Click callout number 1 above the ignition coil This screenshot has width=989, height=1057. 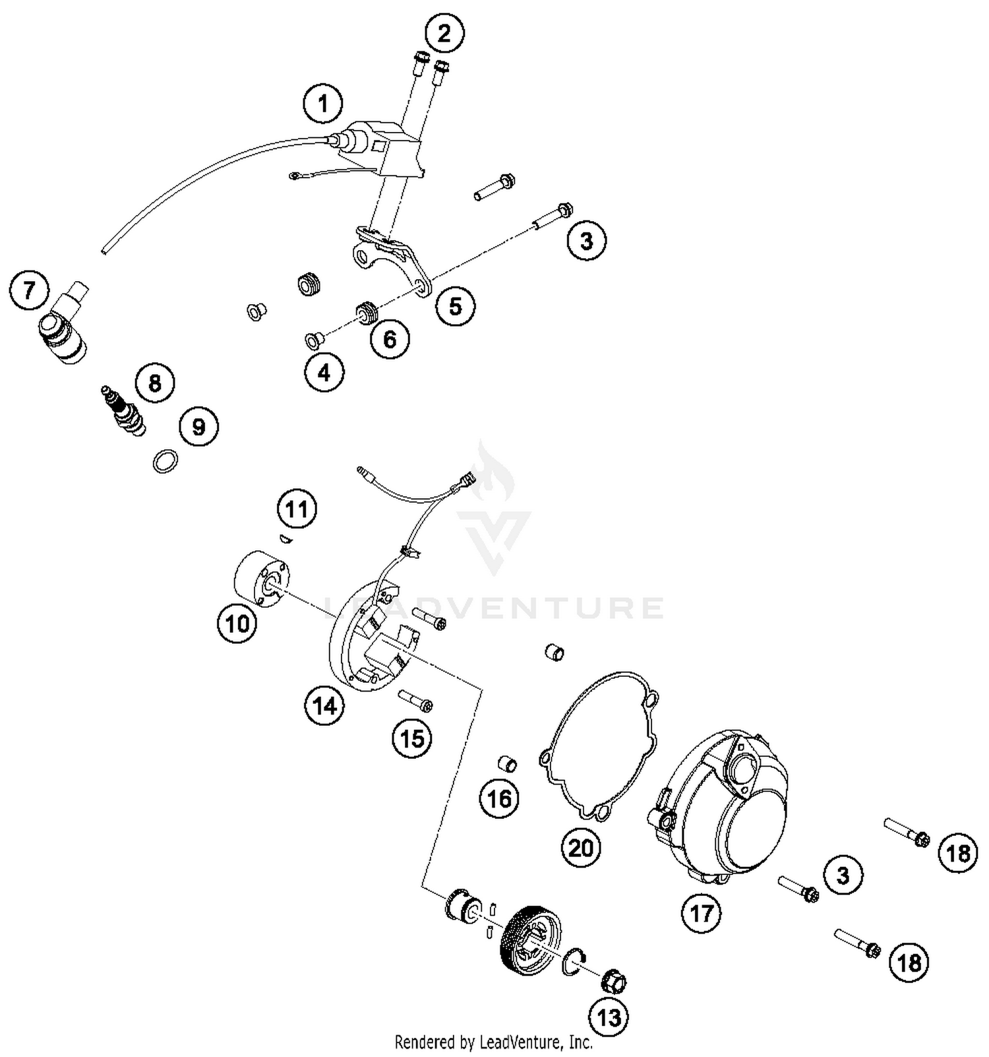(323, 104)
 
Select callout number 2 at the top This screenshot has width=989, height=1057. (444, 33)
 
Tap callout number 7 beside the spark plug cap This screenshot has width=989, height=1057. (29, 290)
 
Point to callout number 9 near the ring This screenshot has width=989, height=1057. (198, 427)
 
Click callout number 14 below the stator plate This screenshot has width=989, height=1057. (324, 706)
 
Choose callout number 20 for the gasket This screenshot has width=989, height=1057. (581, 847)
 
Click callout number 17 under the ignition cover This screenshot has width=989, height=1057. (702, 913)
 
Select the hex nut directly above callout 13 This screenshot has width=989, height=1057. (613, 980)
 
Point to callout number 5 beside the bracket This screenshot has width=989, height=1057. (455, 306)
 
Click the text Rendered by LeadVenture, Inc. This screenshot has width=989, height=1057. (493, 1042)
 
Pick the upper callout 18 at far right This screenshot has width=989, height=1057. (957, 853)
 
